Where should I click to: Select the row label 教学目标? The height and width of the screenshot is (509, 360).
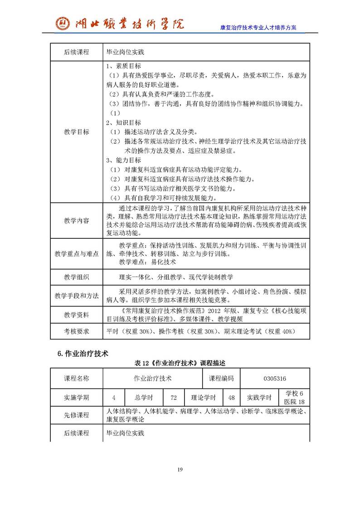click(x=77, y=132)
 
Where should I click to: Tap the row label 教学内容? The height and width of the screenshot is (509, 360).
click(x=77, y=220)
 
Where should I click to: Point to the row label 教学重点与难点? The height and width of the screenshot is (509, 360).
click(x=77, y=254)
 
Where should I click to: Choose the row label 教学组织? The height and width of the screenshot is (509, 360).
click(x=77, y=277)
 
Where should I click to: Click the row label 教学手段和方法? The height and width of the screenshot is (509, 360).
click(x=77, y=296)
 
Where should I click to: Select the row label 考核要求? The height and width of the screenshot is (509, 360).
click(x=77, y=331)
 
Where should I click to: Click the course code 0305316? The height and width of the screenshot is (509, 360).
click(x=275, y=378)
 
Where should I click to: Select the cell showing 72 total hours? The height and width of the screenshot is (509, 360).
click(x=174, y=398)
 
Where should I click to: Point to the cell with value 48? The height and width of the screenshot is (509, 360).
click(x=232, y=398)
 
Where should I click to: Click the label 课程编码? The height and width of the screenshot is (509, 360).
click(x=221, y=378)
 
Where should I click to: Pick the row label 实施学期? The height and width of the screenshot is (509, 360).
click(x=77, y=398)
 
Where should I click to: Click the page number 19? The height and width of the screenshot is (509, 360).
click(x=180, y=470)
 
